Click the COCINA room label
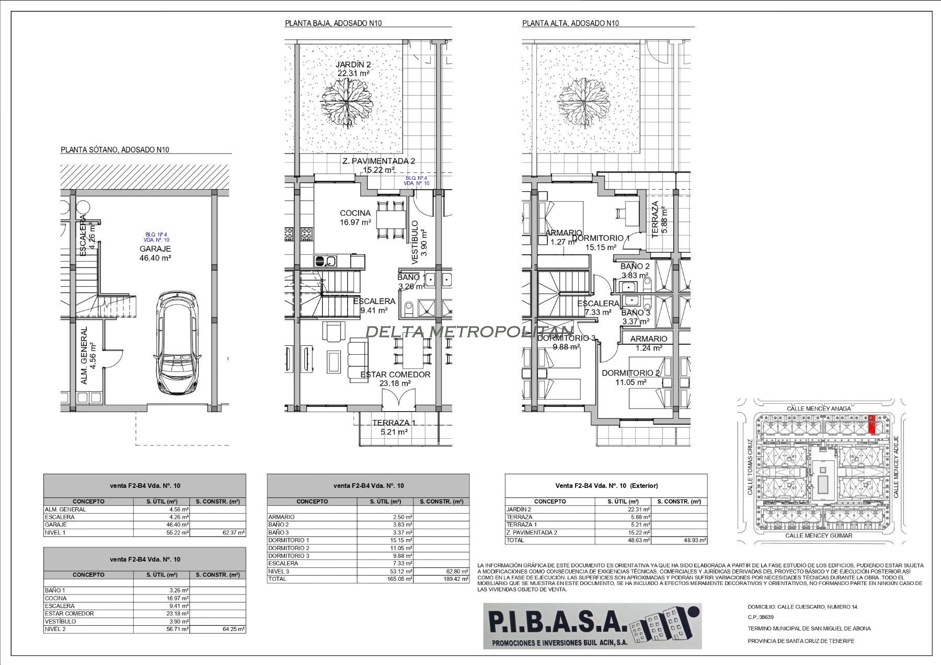(355, 217)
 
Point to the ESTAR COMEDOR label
(395, 379)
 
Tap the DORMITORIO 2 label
(630, 377)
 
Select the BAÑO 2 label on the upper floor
(635, 271)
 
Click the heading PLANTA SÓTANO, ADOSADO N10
(115, 150)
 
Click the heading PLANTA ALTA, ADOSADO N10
(570, 24)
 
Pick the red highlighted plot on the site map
(872, 425)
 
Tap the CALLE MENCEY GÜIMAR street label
(819, 535)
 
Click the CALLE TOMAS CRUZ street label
(750, 466)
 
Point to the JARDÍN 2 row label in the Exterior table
(519, 509)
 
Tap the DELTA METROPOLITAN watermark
(469, 331)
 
